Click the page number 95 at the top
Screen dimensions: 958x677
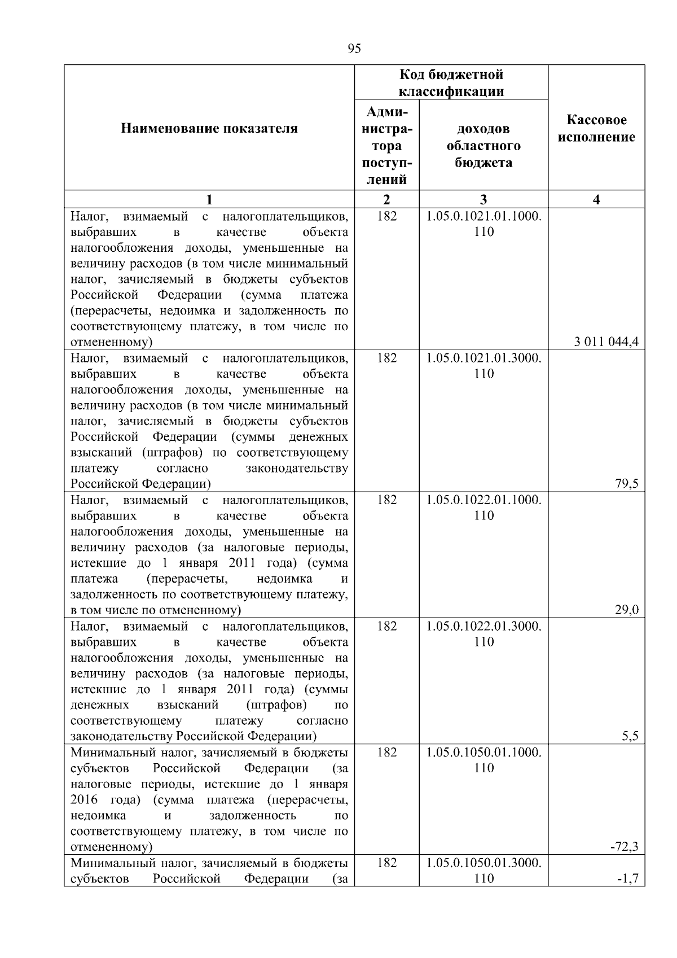354,49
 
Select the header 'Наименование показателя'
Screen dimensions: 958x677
209,129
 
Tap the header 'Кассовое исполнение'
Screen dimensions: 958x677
596,129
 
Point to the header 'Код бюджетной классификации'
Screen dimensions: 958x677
451,83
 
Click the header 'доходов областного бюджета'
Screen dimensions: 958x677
483,146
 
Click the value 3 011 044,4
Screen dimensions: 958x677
606,342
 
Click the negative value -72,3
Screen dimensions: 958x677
624,847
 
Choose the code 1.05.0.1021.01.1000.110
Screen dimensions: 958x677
483,224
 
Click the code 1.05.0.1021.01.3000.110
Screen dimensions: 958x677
483,366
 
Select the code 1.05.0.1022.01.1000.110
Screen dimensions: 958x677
483,508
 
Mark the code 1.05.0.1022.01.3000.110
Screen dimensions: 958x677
483,634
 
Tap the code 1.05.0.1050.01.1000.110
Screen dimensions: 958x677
483,760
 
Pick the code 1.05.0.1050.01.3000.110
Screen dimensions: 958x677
483,870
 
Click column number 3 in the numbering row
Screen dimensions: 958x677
483,199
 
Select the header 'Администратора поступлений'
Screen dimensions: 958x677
386,146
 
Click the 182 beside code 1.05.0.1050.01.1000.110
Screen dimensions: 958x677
386,753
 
